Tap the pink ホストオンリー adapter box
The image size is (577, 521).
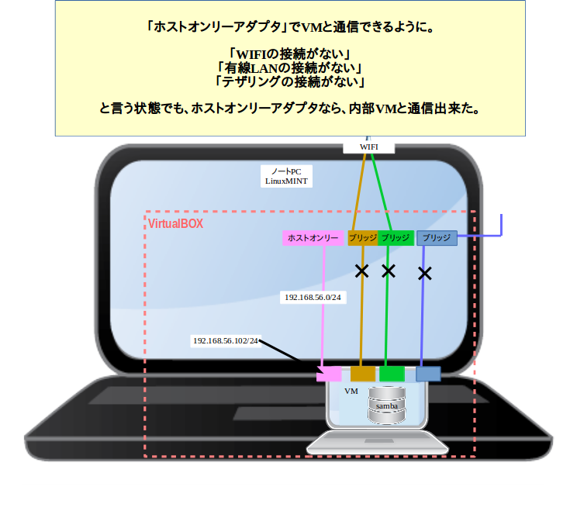(313, 238)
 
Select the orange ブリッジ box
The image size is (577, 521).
(362, 238)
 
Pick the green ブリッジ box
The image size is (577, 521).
(396, 238)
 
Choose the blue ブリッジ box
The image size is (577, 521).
(437, 238)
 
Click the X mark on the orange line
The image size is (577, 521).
(361, 271)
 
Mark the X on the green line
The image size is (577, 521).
(389, 271)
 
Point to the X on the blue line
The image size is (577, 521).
(424, 273)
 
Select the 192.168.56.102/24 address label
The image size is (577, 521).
(226, 340)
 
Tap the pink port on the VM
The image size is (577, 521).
(329, 374)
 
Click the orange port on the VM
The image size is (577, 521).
(362, 374)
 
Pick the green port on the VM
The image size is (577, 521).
(392, 374)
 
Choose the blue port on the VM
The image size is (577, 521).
(428, 374)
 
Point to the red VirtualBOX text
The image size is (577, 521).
(176, 223)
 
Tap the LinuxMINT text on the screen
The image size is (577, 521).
(286, 181)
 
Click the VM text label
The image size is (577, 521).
(351, 392)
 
